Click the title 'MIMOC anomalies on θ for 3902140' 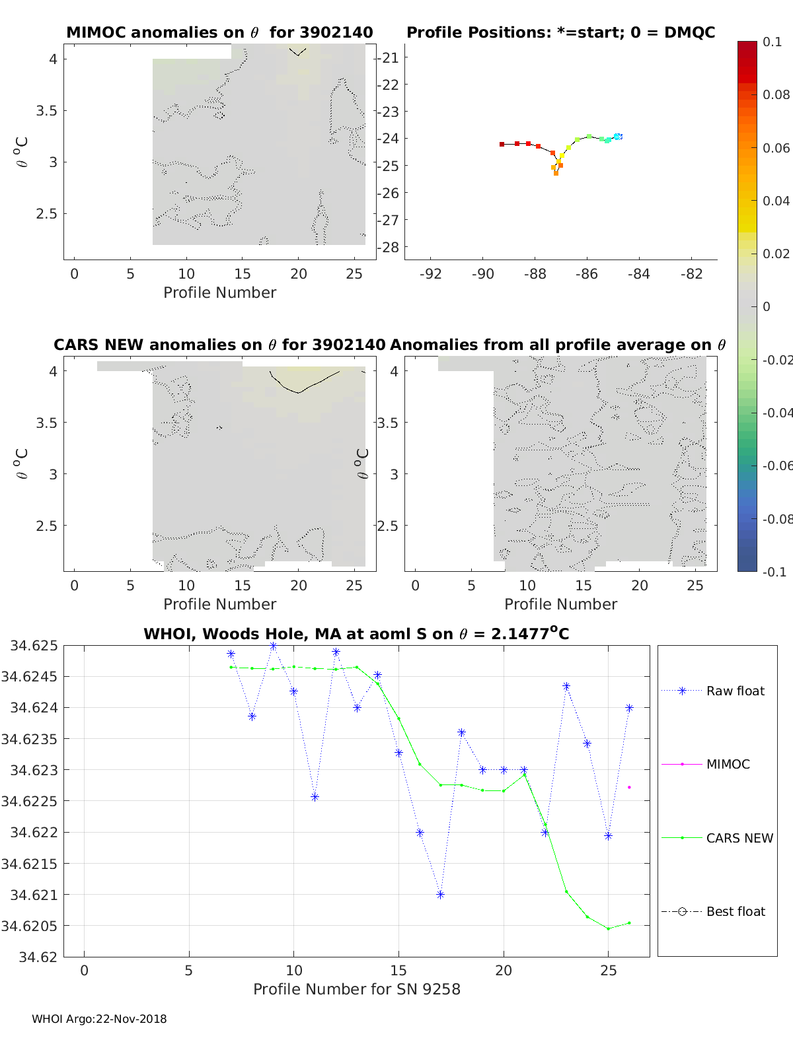pos(219,32)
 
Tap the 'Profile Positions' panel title pos(560,32)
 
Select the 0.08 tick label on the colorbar pos(776,94)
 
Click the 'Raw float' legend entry pos(735,691)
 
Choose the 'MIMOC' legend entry pos(728,764)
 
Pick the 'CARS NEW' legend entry pos(739,838)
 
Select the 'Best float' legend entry pos(735,911)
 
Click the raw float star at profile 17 pos(441,895)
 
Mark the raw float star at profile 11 pos(315,797)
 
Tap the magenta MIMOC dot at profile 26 pos(629,787)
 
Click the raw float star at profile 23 pos(566,686)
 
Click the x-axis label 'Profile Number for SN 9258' pos(357,989)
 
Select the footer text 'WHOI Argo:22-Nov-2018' pos(99,1019)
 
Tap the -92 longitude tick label pos(431,274)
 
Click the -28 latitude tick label pos(390,247)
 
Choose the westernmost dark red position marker pos(502,144)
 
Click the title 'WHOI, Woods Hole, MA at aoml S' pos(356,634)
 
